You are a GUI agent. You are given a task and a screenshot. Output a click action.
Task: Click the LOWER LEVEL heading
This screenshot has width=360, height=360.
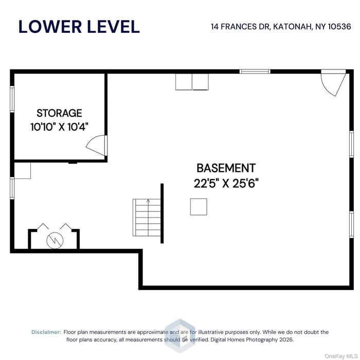(79, 26)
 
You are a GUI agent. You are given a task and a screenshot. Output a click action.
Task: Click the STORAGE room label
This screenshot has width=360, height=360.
(59, 113)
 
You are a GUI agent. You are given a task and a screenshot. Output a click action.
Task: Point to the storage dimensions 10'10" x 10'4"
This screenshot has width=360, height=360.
(59, 127)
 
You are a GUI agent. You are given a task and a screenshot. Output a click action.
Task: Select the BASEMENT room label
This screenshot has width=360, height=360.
(226, 168)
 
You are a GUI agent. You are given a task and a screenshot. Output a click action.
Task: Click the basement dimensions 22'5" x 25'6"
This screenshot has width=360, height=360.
(226, 184)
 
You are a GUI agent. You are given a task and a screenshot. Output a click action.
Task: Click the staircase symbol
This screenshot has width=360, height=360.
(147, 217)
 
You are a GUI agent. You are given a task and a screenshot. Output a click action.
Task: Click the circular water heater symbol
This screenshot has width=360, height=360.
(53, 240)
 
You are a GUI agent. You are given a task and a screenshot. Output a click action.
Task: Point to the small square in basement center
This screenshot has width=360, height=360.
(199, 207)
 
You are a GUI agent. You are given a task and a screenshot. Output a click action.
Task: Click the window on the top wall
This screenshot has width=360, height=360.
(255, 71)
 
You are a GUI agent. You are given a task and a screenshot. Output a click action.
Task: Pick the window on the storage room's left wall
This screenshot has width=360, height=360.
(12, 99)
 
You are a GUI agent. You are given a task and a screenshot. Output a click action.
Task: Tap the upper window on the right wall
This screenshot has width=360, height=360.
(351, 143)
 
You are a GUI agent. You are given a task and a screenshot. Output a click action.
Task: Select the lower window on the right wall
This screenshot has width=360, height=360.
(351, 225)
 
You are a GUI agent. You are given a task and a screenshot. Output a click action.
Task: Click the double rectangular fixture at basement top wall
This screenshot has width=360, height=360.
(192, 82)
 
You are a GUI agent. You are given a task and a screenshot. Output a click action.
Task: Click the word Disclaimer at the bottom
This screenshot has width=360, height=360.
(46, 332)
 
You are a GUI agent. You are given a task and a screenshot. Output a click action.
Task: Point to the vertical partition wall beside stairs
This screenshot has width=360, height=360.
(162, 213)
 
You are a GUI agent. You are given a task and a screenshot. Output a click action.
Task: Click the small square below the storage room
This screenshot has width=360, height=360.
(22, 171)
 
